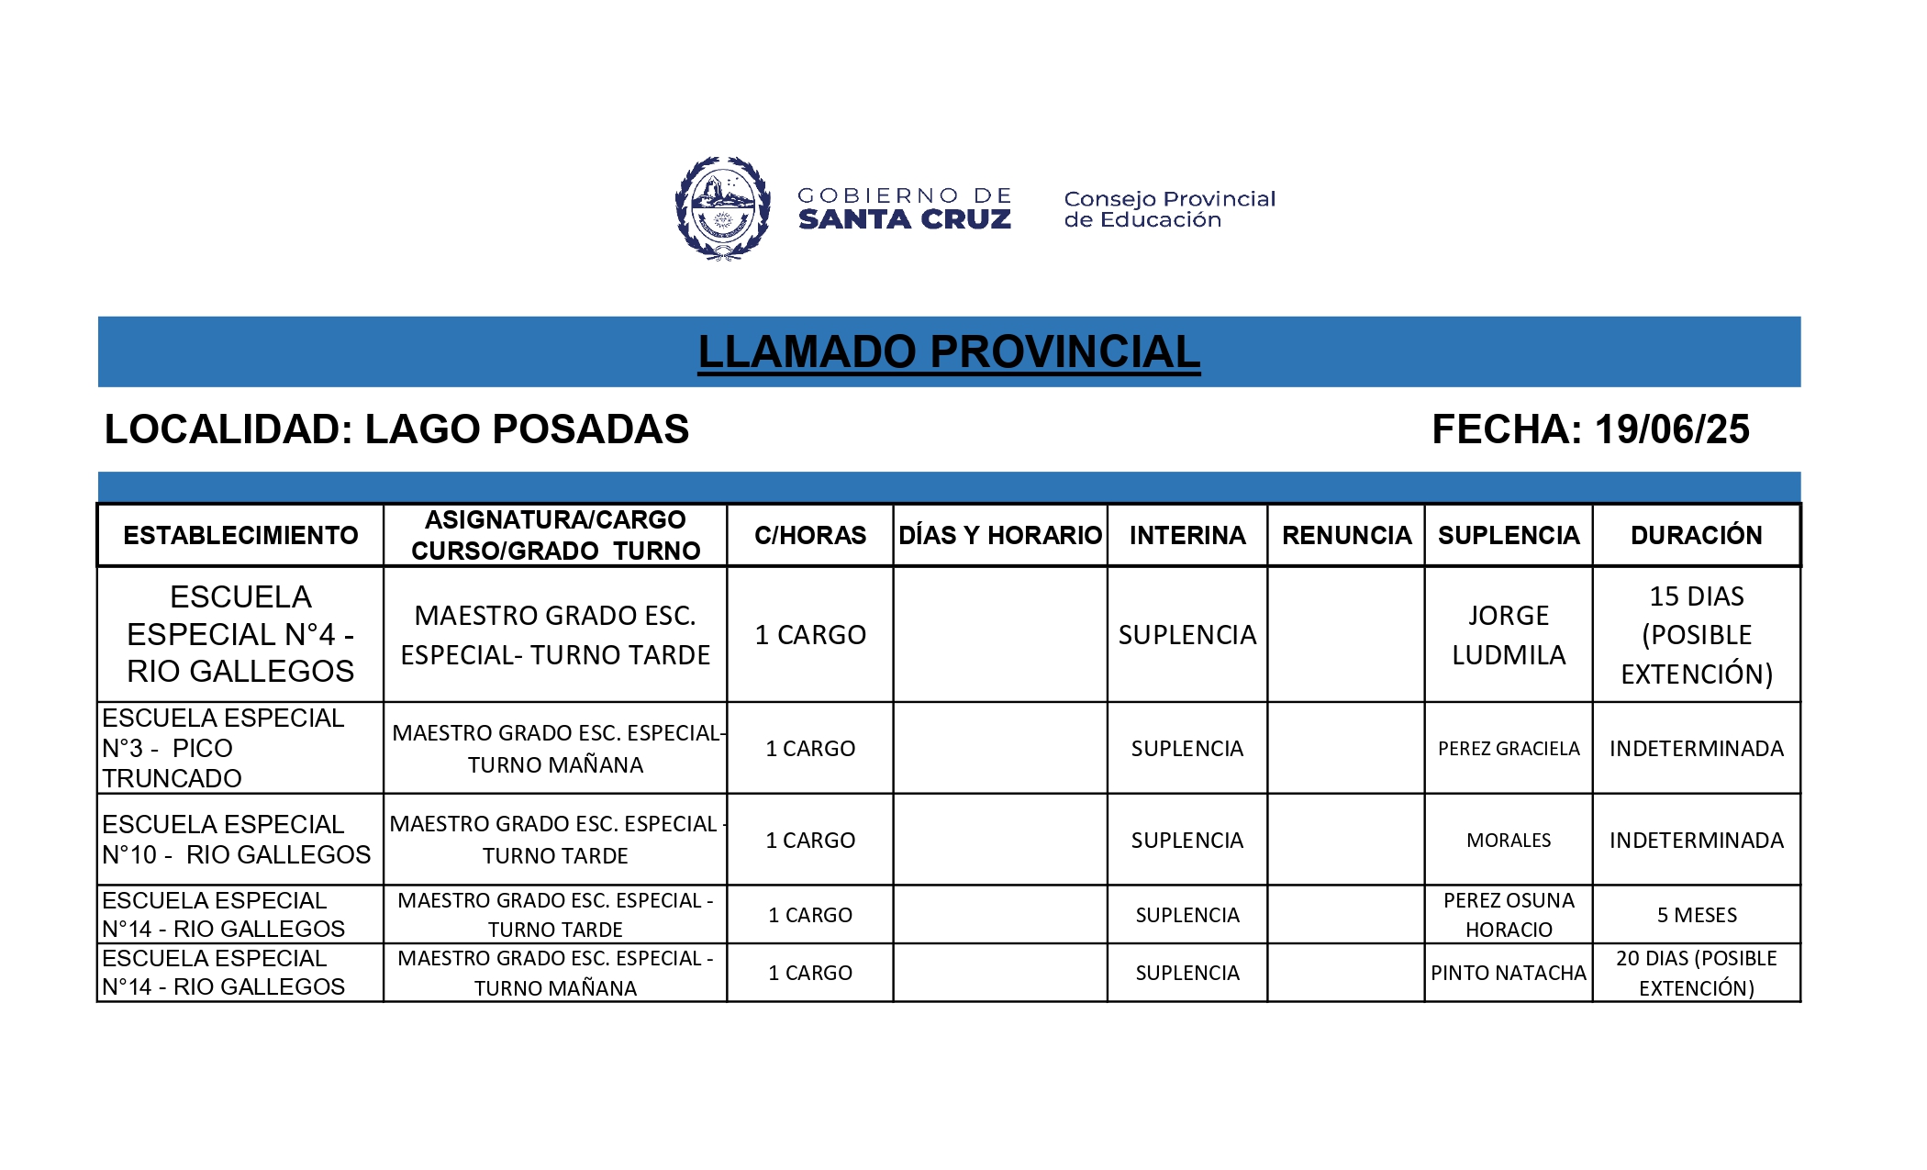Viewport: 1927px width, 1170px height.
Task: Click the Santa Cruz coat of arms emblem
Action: click(x=722, y=208)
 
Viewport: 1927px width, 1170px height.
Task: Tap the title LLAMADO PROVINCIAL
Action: click(x=948, y=352)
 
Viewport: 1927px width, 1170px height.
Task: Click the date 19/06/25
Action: click(x=1671, y=429)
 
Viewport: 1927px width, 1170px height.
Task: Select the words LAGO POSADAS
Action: click(x=527, y=429)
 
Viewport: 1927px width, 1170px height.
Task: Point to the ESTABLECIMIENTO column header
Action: click(x=240, y=535)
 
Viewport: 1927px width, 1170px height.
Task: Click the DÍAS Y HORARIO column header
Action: click(x=999, y=535)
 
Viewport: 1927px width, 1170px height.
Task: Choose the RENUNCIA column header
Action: click(x=1346, y=535)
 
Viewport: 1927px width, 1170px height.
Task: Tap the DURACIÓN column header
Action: click(x=1696, y=535)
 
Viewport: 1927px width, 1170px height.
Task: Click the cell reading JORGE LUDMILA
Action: click(x=1508, y=635)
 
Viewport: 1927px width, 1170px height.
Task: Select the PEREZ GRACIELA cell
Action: click(x=1508, y=749)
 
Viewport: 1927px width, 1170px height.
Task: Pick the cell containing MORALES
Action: click(x=1508, y=841)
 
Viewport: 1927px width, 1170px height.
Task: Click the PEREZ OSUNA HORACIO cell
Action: click(x=1508, y=915)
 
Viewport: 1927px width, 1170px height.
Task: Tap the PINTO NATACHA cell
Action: click(x=1508, y=973)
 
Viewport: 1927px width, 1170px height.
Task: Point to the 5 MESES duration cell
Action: click(x=1696, y=915)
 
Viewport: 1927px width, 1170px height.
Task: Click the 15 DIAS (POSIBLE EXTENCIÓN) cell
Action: click(x=1696, y=635)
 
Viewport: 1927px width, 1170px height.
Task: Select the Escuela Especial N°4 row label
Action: click(x=240, y=635)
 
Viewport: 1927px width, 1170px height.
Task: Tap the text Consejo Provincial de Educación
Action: click(x=1169, y=209)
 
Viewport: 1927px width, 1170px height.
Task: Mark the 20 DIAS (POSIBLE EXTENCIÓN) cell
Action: click(x=1696, y=973)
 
